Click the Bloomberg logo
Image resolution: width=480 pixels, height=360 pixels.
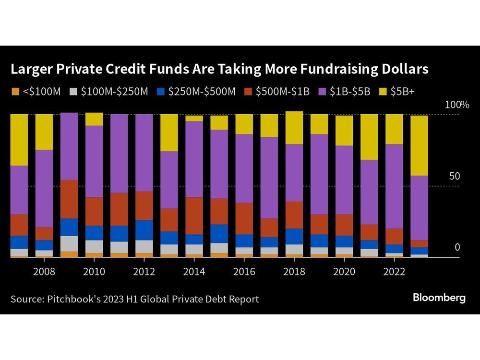coord(439,298)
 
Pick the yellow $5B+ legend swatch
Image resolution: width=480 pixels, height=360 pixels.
coord(383,91)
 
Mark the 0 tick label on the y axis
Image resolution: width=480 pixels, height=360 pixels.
coord(457,247)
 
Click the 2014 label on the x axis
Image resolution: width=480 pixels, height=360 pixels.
coord(194,272)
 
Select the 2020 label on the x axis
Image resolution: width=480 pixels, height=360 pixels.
coord(344,272)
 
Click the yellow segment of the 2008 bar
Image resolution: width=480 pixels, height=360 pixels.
coord(44,132)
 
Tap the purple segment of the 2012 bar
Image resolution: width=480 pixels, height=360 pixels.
coord(144,153)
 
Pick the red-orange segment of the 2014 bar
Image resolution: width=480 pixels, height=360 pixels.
coord(194,216)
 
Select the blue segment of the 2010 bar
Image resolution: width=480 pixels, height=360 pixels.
coord(94,233)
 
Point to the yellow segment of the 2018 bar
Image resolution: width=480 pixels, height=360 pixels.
coord(294,128)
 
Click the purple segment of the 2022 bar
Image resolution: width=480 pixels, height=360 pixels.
coord(394,186)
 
